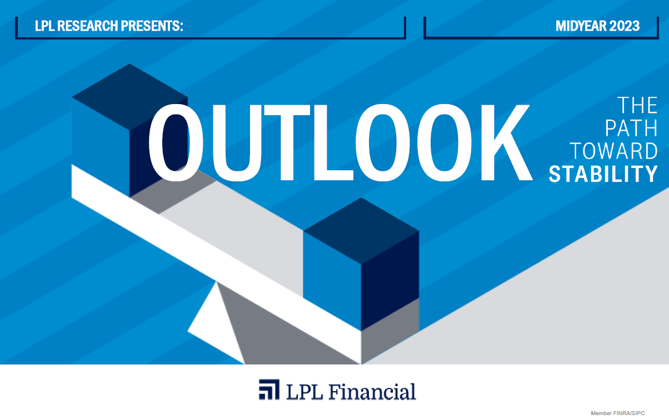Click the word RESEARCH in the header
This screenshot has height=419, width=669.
click(87, 26)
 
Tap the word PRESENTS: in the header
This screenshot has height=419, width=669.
click(152, 26)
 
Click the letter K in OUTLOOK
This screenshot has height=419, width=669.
click(506, 142)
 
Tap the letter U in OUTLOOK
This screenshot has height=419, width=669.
click(236, 143)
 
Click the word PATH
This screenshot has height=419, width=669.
click(631, 129)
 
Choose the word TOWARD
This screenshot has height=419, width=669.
click(614, 151)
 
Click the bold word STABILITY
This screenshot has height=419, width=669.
click(603, 174)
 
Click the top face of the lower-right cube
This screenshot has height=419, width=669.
click(361, 230)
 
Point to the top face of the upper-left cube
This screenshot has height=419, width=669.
click(129, 97)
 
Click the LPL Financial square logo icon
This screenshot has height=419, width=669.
click(269, 390)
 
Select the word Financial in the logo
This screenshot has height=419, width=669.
click(372, 392)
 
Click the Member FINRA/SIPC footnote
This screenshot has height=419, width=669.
click(618, 413)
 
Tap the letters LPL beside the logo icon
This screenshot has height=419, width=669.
click(304, 392)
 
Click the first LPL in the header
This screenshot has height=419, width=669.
click(44, 26)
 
